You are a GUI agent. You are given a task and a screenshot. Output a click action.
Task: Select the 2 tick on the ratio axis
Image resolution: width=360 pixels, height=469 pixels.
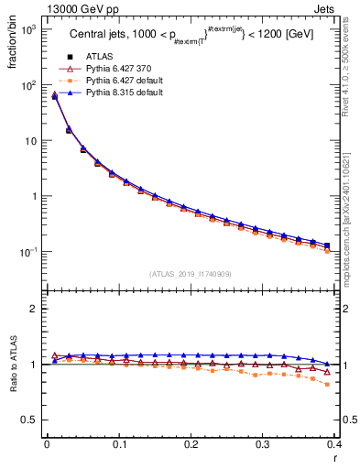pos(34,309)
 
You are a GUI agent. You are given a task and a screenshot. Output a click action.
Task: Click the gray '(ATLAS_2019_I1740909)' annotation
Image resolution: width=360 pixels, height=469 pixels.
pos(190,273)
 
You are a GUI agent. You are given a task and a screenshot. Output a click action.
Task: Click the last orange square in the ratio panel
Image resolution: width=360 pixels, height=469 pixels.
pos(328,384)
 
